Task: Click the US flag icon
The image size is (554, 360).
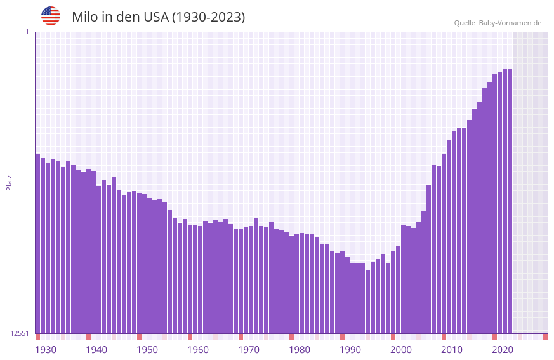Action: (51, 16)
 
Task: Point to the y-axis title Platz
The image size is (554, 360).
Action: (9, 182)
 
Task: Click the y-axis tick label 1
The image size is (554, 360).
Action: (27, 32)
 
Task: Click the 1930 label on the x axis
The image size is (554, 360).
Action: (46, 350)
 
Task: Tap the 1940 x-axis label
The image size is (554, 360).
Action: (96, 350)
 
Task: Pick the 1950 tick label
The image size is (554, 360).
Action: (147, 350)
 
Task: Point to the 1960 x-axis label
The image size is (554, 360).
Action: (198, 350)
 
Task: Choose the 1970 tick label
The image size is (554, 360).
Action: (249, 350)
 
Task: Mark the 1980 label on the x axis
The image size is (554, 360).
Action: (300, 350)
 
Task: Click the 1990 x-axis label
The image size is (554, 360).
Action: (350, 350)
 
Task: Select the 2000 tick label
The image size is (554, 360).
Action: (401, 350)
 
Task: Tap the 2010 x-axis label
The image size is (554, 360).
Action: (452, 350)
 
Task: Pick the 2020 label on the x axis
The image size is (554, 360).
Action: (503, 350)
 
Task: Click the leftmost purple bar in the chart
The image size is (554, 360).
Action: (37, 244)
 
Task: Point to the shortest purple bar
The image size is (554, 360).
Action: (367, 302)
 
